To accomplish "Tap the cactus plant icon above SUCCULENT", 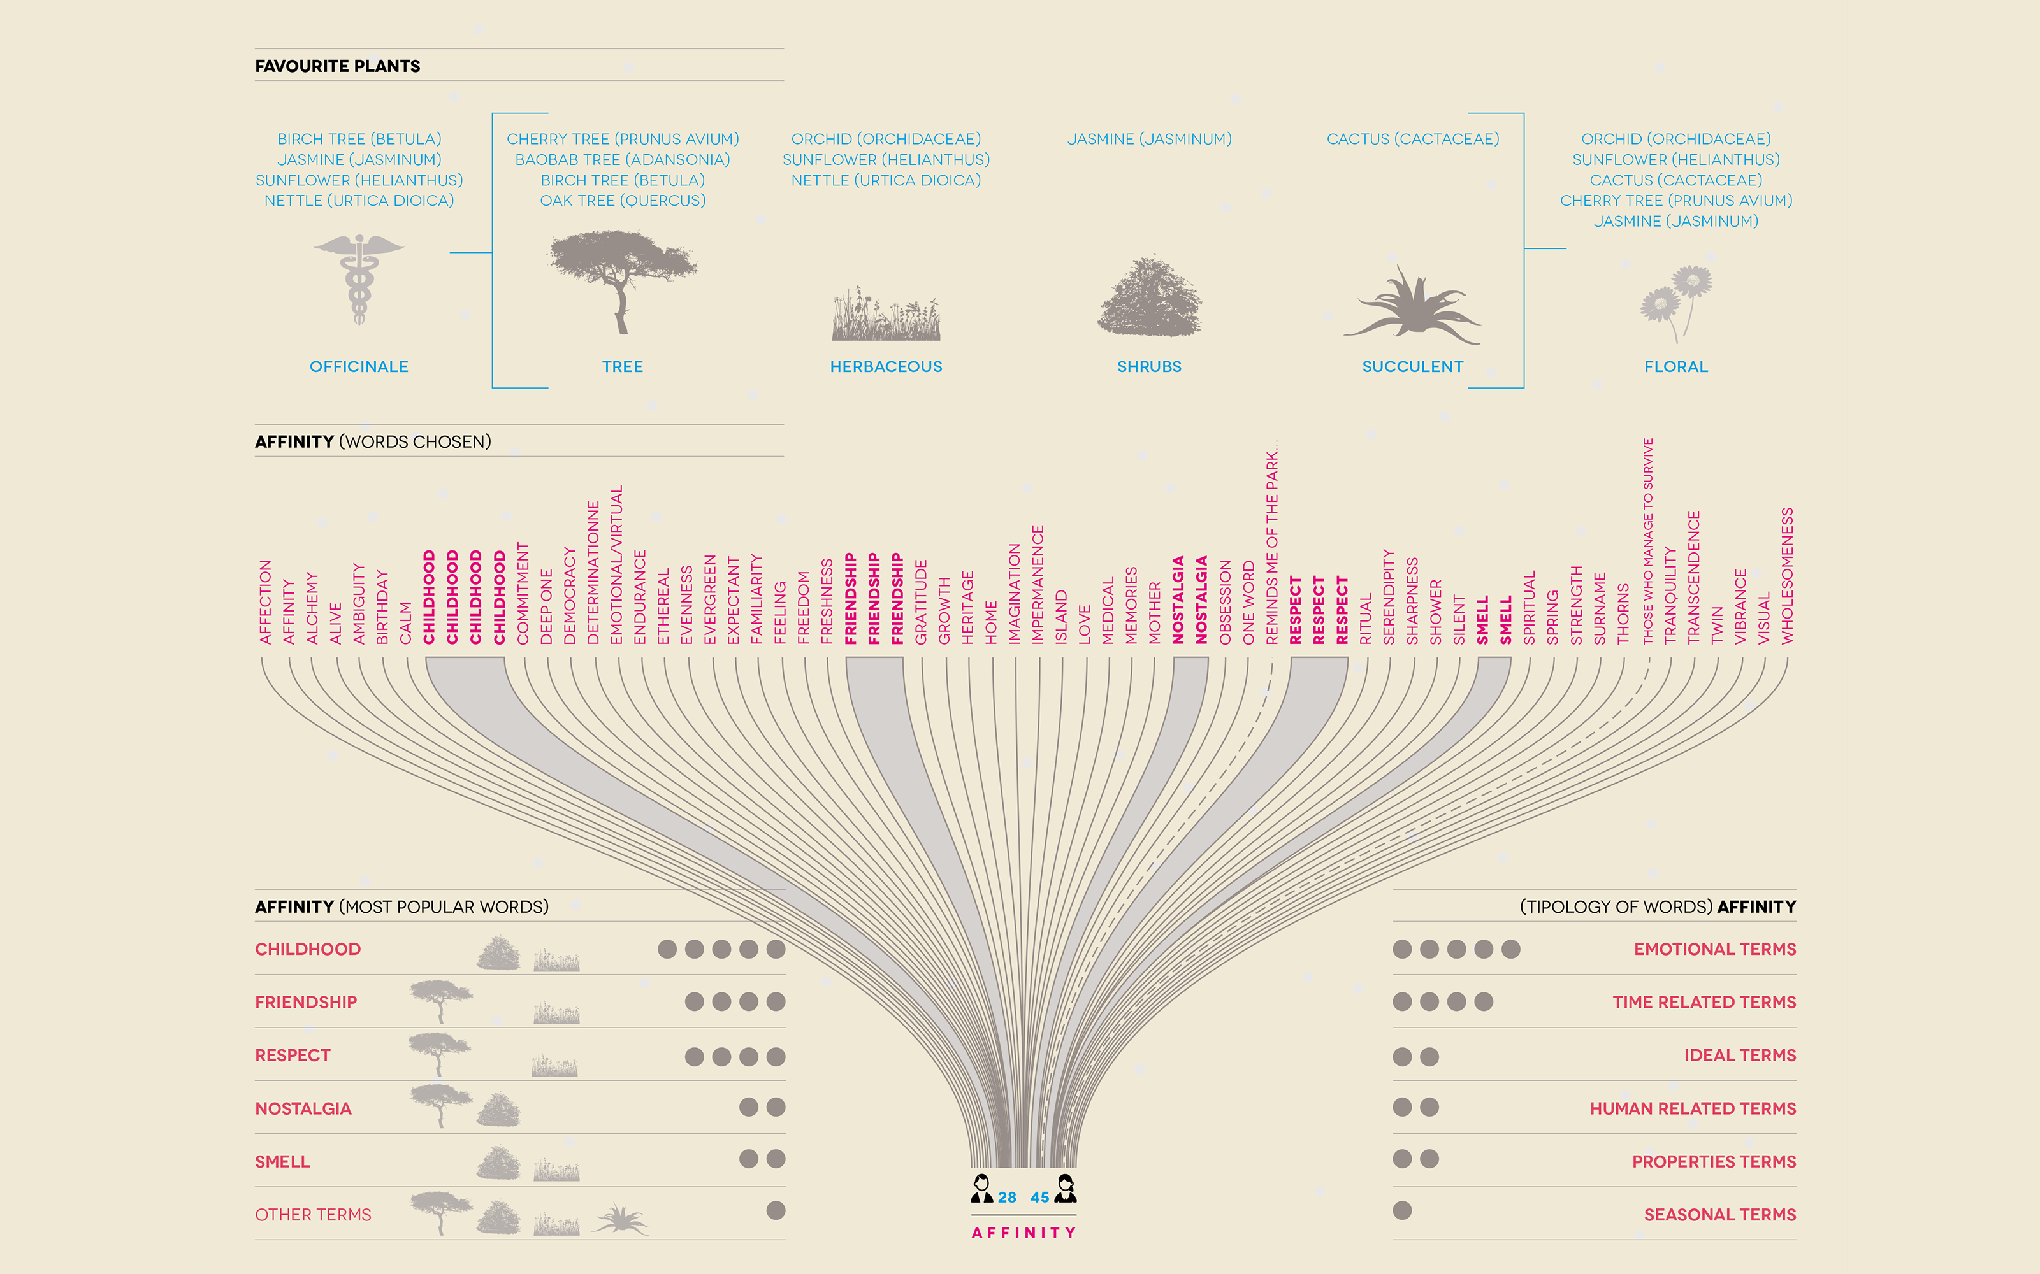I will (1414, 308).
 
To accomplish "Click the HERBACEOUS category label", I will (886, 366).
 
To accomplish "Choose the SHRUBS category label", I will (1149, 366).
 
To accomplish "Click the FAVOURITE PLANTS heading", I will (337, 66).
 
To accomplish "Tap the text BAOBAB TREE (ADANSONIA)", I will (622, 159).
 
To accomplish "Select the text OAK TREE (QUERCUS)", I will (622, 201).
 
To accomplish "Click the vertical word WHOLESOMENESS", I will (1787, 576).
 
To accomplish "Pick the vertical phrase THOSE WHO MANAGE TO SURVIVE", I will (1648, 542).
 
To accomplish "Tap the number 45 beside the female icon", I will (1039, 1198).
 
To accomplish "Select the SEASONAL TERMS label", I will (1719, 1214).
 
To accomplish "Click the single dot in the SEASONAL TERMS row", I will (1402, 1211).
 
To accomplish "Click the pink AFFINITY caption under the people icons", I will (1024, 1233).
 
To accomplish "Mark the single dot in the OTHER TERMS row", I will (776, 1211).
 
